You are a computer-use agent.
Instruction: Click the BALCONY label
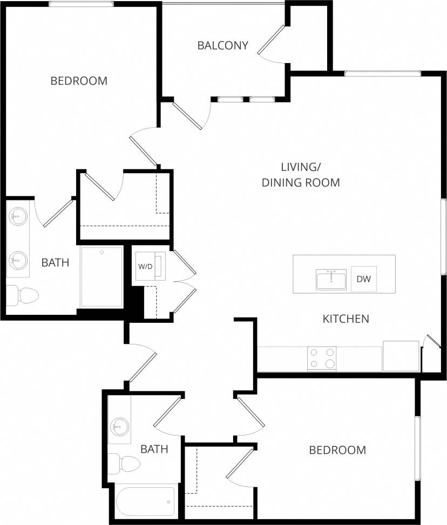[x=222, y=45]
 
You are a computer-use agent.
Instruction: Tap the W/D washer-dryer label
[x=145, y=266]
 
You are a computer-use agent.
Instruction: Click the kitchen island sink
[x=331, y=279]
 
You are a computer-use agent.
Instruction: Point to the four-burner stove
[x=322, y=358]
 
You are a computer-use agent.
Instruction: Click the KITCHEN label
[x=346, y=319]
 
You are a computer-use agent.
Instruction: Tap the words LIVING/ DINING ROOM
[x=301, y=175]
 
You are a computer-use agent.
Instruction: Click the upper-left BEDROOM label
[x=79, y=81]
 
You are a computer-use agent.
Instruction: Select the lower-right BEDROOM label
[x=337, y=450]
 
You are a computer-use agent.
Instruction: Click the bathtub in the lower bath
[x=146, y=501]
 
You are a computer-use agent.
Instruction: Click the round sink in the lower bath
[x=119, y=427]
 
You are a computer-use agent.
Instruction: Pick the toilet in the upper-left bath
[x=24, y=295]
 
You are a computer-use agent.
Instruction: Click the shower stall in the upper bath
[x=101, y=277]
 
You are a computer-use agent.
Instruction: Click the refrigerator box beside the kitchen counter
[x=401, y=356]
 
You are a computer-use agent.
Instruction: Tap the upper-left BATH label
[x=55, y=263]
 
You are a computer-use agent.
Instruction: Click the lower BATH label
[x=154, y=448]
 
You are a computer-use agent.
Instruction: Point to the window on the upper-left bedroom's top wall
[x=81, y=4]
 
